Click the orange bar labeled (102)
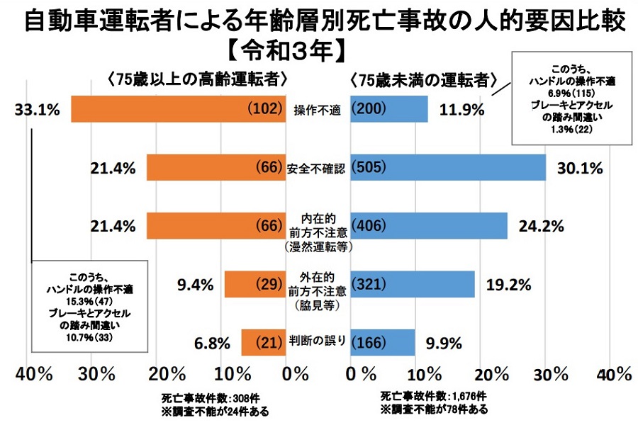(177, 109)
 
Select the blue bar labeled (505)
(448, 168)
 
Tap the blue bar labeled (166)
(383, 342)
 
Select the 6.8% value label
(213, 344)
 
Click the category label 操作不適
(318, 110)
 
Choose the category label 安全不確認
(318, 169)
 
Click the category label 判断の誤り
(318, 341)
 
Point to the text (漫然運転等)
(318, 248)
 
